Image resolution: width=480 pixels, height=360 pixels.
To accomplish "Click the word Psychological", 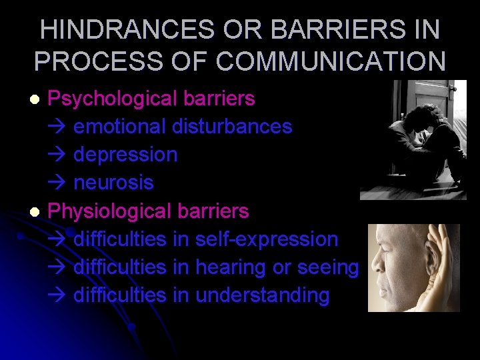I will click(111, 99).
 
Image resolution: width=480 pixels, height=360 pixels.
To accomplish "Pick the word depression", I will click(125, 155).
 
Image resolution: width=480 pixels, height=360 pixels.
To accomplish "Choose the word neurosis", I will click(113, 183).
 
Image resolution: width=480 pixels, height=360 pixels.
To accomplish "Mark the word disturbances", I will click(231, 126).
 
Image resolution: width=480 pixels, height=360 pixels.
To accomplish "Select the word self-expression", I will click(267, 239).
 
